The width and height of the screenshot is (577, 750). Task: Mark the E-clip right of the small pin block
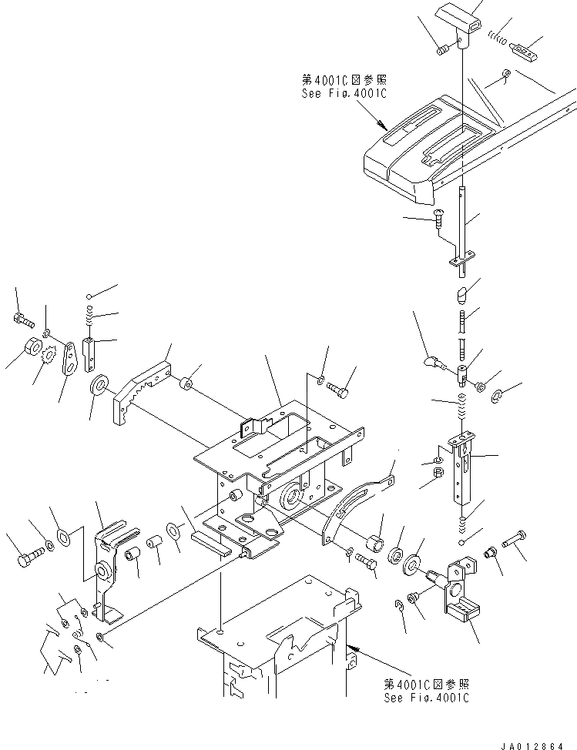497,397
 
